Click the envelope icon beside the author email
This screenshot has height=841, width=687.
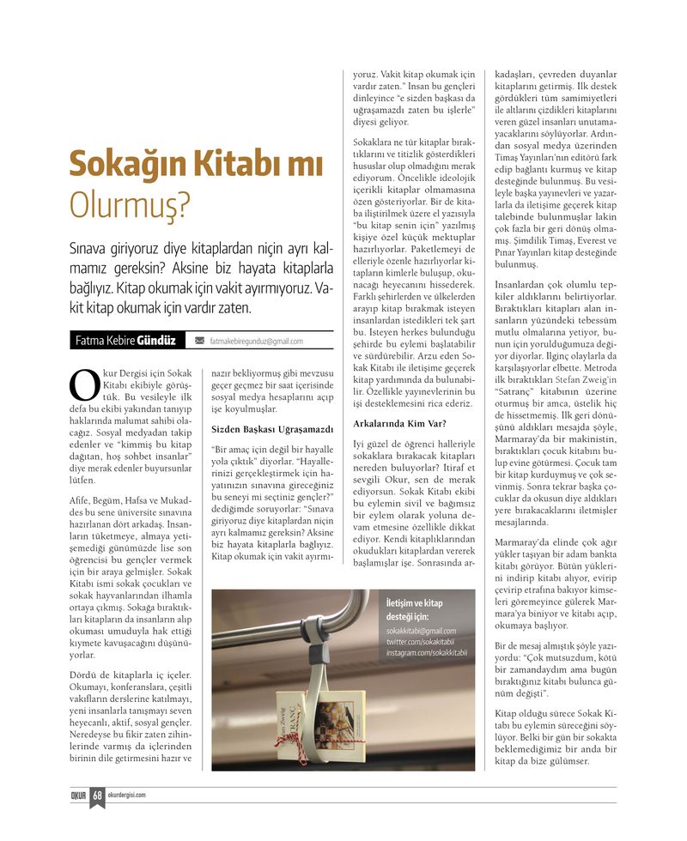coord(199,341)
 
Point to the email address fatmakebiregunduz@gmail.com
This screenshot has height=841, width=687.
coord(256,341)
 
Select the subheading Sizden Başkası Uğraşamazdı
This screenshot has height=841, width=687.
coord(272,428)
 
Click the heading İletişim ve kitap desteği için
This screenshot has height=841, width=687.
coord(415,609)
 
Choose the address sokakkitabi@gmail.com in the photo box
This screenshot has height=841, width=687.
coord(421,631)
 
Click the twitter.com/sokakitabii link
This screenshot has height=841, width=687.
coord(420,642)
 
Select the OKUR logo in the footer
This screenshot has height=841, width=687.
coord(80,795)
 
